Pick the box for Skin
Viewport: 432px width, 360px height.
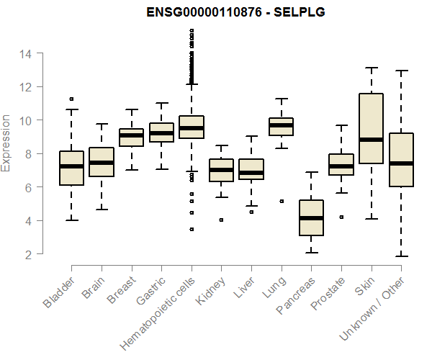(371, 128)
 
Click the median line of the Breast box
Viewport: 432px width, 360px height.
(131, 135)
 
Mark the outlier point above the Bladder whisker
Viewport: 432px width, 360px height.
(71, 99)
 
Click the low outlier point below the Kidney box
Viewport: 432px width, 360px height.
(221, 220)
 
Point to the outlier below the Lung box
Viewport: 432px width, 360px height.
(281, 201)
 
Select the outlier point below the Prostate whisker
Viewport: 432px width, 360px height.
(341, 217)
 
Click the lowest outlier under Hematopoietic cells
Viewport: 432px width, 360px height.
(191, 229)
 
